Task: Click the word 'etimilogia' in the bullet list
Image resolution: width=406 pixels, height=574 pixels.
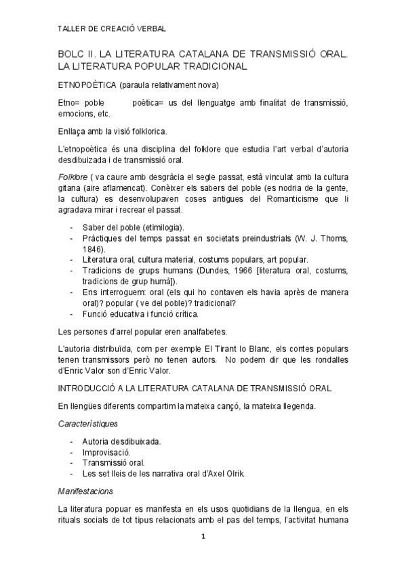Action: [x=162, y=227]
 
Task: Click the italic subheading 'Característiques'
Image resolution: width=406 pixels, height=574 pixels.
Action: [x=88, y=424]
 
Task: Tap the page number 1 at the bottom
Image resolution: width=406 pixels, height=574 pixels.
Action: [x=203, y=537]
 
